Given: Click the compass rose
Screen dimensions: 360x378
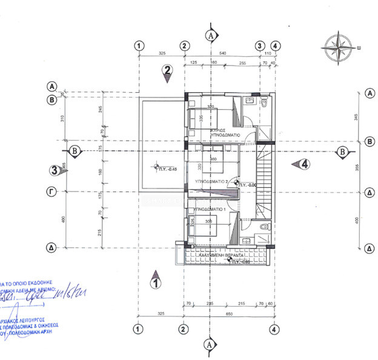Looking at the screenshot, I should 339,47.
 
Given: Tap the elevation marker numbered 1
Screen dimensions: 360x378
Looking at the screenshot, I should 156,280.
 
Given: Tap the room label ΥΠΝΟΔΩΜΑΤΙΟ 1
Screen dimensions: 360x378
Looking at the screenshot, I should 209,209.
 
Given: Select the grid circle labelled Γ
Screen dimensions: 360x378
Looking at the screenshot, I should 52,191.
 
